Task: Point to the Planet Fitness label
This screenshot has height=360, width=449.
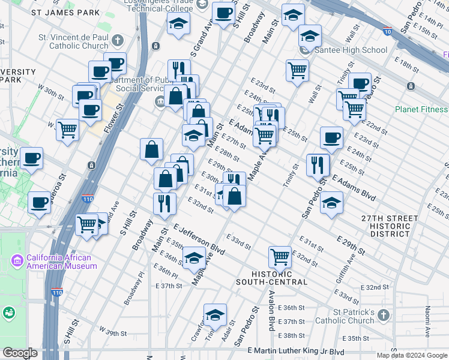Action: point(421,109)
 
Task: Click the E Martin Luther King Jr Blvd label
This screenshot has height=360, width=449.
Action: point(296,351)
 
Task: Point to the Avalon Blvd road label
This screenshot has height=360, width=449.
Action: point(271,317)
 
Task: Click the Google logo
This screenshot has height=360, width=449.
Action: point(19,353)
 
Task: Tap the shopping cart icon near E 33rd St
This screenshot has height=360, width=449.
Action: point(280,257)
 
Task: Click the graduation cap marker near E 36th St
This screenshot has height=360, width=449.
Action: point(194,258)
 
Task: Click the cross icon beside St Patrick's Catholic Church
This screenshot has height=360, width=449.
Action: point(384,314)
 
